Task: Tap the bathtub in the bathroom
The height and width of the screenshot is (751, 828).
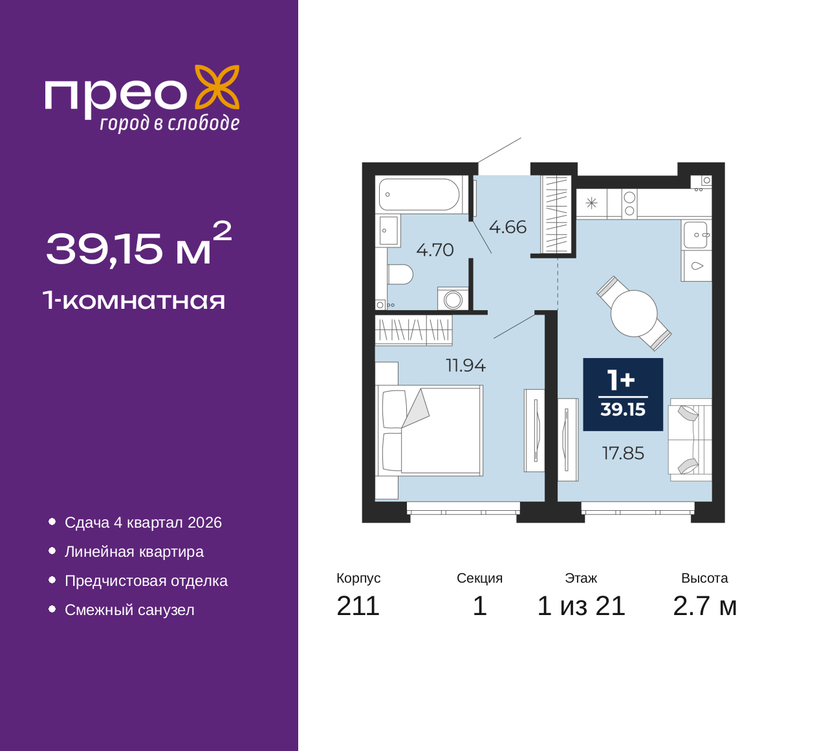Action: point(419,194)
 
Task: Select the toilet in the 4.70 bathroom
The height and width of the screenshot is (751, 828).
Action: point(400,275)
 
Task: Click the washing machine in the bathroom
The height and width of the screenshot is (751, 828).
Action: point(453,298)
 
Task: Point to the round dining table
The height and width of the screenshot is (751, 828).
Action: point(633,313)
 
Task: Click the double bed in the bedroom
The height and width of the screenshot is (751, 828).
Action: point(430,431)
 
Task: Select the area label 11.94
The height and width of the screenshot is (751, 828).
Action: point(466,366)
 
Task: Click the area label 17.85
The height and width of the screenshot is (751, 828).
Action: point(623,453)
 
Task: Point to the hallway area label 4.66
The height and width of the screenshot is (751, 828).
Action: point(508,227)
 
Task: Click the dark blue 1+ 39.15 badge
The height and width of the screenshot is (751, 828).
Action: point(623,394)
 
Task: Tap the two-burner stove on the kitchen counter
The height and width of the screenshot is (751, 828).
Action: point(629,204)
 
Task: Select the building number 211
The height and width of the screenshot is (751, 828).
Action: point(358,606)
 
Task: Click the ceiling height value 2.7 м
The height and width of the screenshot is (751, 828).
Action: point(704,606)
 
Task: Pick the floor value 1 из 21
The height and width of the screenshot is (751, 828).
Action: point(581,606)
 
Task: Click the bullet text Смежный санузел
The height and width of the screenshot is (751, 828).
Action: point(129,610)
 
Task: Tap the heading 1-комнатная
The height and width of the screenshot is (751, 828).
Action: point(135,300)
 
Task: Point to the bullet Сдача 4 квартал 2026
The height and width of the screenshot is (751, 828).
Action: point(143,522)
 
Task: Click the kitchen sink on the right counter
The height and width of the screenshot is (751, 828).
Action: point(696,235)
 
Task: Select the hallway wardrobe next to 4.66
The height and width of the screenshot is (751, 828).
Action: point(556,214)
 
